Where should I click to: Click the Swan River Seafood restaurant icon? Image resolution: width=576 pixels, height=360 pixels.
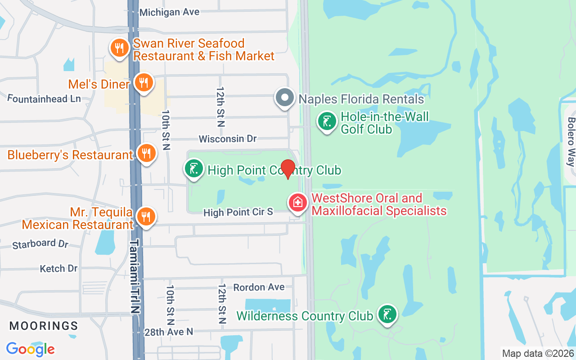point(119,48)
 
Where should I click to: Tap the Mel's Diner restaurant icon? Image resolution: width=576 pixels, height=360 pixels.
point(144,83)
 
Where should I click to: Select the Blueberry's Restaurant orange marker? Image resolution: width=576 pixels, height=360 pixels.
point(146,154)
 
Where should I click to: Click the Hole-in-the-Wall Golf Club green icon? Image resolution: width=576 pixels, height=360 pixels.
point(327,121)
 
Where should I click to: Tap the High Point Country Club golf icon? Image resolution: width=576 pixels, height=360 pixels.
point(194,169)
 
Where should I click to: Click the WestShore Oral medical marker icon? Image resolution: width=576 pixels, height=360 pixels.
point(297,202)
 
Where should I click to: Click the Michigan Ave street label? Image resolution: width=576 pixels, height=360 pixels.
point(169,12)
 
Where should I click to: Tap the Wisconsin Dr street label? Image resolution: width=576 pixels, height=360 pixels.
point(228,139)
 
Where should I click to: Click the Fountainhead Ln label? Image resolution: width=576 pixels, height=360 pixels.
point(44,99)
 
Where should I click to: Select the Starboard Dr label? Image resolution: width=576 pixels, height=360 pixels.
point(40,244)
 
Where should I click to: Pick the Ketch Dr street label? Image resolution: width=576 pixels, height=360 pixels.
point(59,269)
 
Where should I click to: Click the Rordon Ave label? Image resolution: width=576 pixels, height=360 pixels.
point(259,287)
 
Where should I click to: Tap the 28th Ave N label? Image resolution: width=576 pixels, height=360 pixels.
point(169,332)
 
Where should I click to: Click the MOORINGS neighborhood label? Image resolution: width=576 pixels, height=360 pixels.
point(44,325)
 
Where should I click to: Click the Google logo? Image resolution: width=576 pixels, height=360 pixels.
point(31,349)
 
